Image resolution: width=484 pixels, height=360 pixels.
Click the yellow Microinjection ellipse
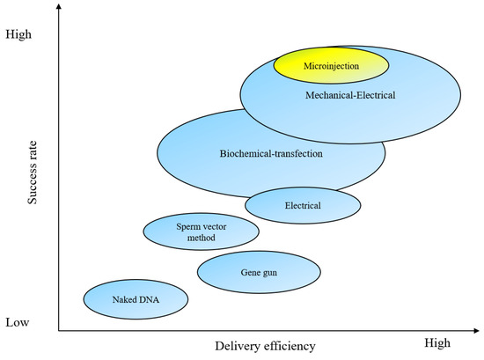click(331, 65)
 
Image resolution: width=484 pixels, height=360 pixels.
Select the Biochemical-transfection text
click(271, 154)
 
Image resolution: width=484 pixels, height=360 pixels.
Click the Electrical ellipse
click(303, 206)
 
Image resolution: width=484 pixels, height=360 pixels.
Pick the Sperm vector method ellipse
click(201, 232)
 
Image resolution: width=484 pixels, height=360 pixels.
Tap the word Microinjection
click(331, 66)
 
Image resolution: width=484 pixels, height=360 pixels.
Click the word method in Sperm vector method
click(201, 239)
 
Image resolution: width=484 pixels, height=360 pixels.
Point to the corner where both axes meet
click(60, 331)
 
